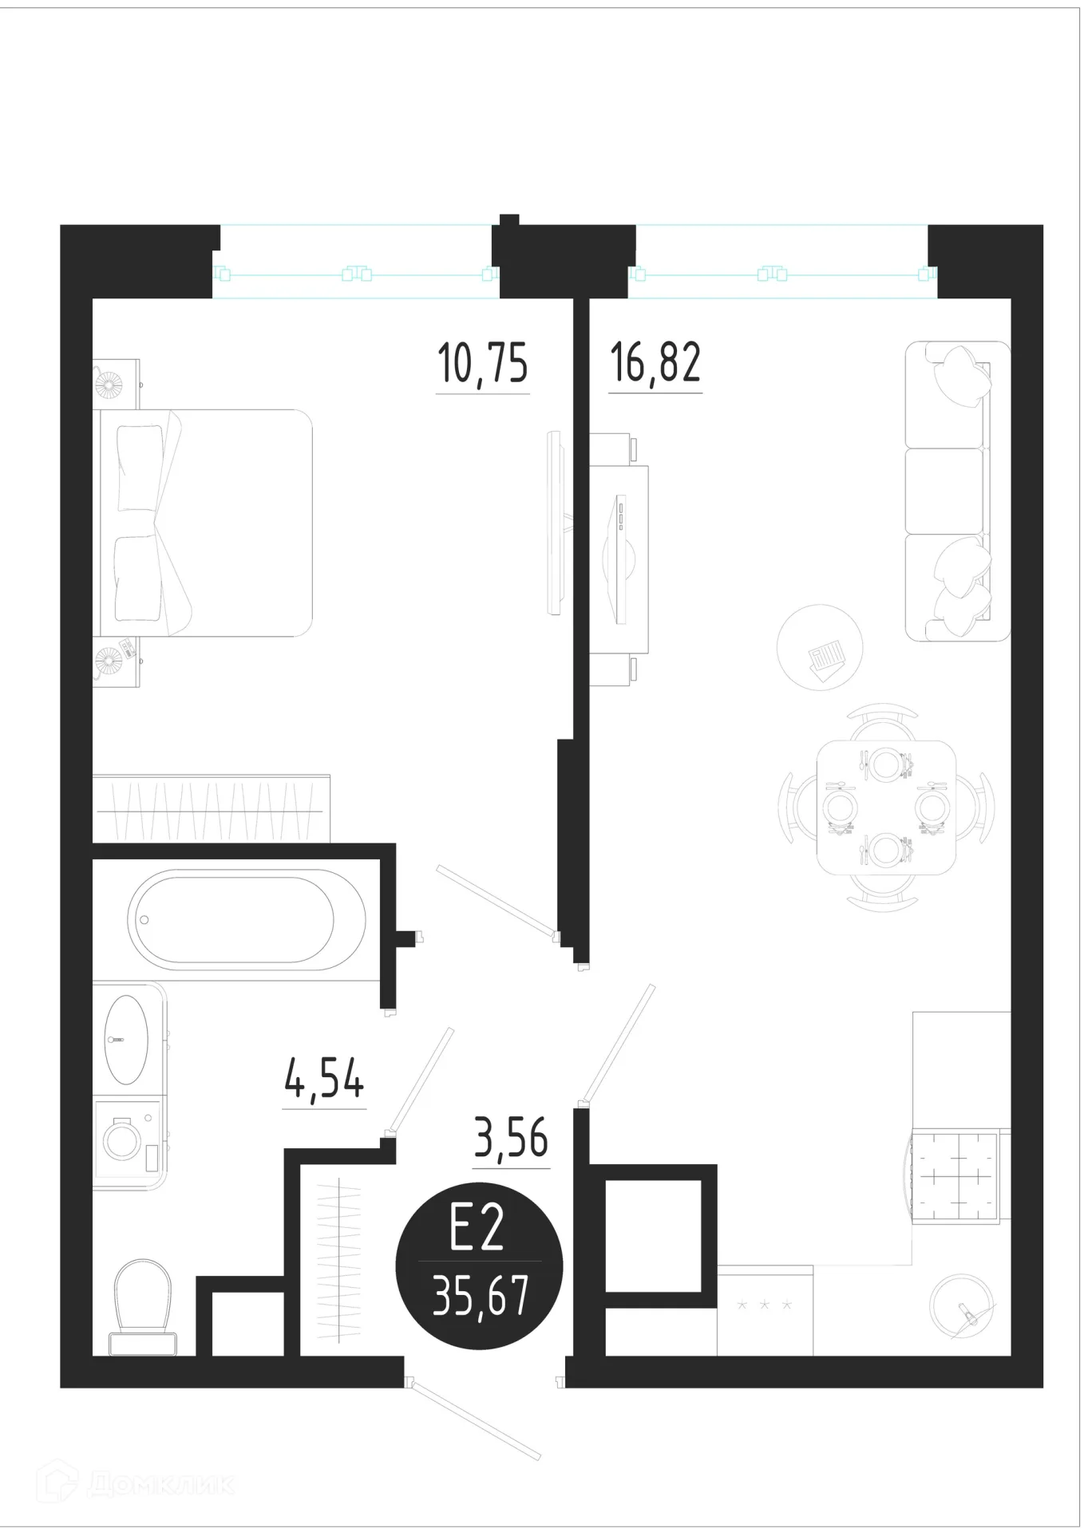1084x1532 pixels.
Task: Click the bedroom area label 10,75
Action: click(x=483, y=364)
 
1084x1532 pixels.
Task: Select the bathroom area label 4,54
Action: click(x=324, y=1080)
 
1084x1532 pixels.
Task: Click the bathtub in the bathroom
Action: click(x=246, y=919)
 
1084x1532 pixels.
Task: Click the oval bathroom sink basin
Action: click(x=126, y=1039)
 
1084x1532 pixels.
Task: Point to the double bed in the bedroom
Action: click(x=202, y=523)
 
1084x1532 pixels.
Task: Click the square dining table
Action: click(x=886, y=807)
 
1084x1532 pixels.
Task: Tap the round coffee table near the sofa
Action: click(x=821, y=646)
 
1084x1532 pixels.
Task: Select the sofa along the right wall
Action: click(x=957, y=491)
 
